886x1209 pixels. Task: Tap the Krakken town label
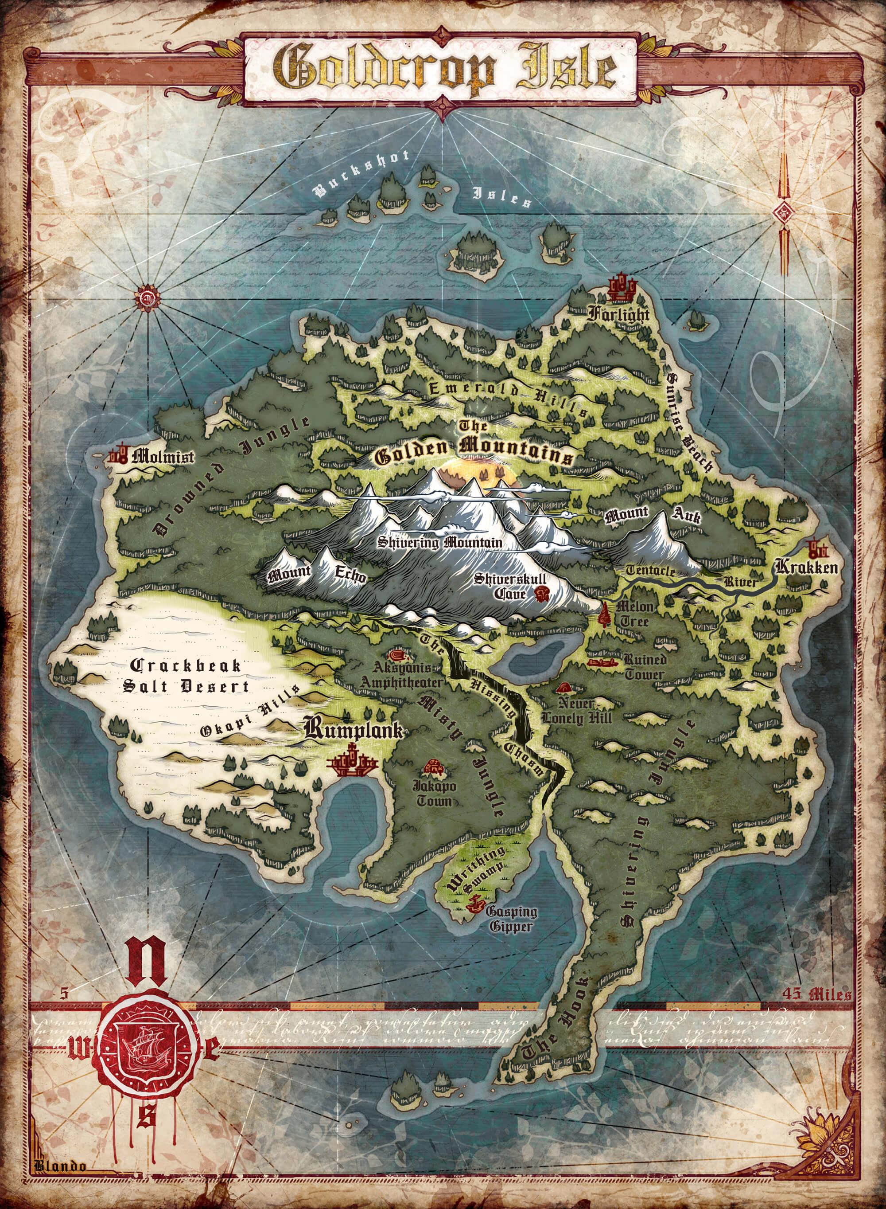(806, 568)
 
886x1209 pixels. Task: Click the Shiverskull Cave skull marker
(542, 594)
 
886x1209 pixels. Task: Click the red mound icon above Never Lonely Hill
(563, 688)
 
